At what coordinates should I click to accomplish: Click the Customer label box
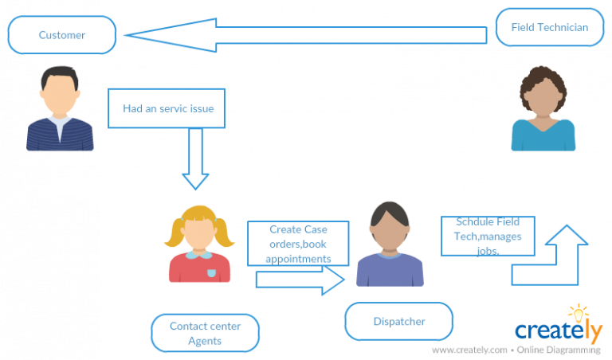(x=62, y=35)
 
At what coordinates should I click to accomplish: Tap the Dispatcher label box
(x=398, y=322)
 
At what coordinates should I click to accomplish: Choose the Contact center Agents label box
(x=205, y=333)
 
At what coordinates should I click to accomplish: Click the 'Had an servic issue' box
(x=167, y=108)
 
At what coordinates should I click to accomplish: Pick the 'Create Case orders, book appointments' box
(x=298, y=244)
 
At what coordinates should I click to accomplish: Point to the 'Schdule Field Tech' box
(x=488, y=236)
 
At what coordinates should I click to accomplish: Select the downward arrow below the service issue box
(x=195, y=159)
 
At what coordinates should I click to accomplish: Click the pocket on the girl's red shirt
(x=212, y=272)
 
